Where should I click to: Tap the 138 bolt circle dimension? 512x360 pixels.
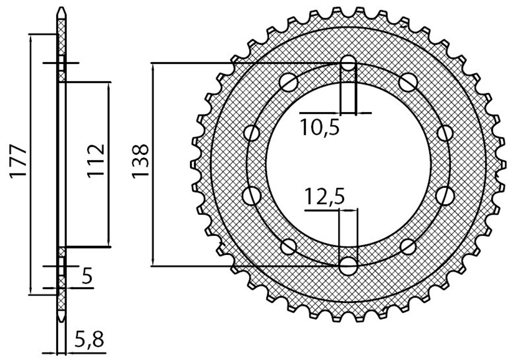coord(140,161)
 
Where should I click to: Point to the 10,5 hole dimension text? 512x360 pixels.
coord(319,127)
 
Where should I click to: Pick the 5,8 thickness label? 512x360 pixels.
coord(89,340)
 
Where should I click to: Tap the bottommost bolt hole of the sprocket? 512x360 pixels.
coord(348,266)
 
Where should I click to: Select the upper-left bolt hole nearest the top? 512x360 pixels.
coord(289,82)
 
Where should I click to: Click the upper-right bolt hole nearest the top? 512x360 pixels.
coord(408,82)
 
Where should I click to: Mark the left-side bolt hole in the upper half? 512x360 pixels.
coord(252,133)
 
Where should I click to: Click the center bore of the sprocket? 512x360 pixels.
coord(348,164)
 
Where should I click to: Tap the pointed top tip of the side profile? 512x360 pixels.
coord(61,8)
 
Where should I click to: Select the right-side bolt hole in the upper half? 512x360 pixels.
coord(445,133)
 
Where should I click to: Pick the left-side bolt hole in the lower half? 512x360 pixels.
coord(252,196)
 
